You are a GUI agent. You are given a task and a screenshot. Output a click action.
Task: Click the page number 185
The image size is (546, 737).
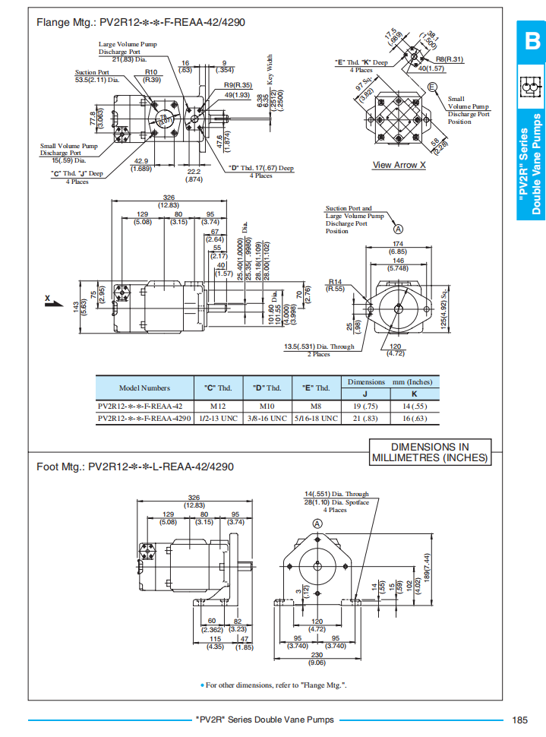519,720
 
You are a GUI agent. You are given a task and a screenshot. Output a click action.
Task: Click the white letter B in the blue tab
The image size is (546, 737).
531,42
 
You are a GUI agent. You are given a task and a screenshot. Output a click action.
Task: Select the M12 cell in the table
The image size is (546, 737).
218,406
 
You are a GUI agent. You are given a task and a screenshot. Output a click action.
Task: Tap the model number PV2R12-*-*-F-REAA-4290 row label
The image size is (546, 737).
144,418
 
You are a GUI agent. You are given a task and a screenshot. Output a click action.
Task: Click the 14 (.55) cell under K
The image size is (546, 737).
414,406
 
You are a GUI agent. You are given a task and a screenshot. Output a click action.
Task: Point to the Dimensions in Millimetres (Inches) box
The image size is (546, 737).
430,453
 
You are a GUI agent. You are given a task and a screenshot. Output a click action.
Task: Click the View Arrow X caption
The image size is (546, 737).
399,165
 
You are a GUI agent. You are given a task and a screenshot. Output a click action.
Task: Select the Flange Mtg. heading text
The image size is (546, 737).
141,21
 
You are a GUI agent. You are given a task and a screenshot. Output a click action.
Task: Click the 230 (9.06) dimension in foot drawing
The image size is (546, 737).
317,660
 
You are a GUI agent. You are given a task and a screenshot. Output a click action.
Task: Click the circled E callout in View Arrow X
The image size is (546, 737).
433,87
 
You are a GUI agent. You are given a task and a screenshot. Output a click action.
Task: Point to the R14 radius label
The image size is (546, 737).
336,285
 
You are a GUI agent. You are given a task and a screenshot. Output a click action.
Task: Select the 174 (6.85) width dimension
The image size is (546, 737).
397,248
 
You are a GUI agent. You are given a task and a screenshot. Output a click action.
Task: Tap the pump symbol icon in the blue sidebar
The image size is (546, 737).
531,89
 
